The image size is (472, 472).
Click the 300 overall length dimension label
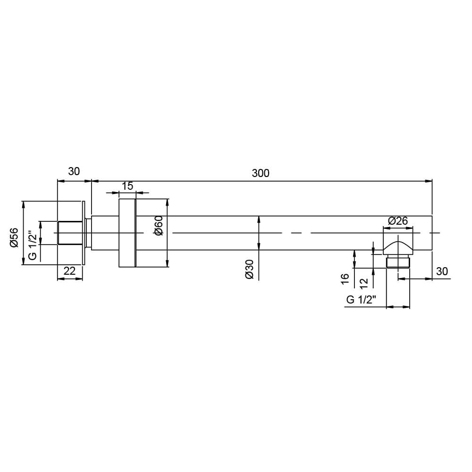click(261, 173)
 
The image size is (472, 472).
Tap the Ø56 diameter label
click(14, 237)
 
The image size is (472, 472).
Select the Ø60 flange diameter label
click(158, 226)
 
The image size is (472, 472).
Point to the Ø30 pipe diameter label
click(250, 270)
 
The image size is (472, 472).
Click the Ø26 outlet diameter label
click(397, 221)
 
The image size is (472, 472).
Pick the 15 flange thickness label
click(127, 186)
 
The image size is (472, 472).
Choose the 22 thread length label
click(69, 271)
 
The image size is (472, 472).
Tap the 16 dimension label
click(345, 278)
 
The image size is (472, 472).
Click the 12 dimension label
click(363, 283)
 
